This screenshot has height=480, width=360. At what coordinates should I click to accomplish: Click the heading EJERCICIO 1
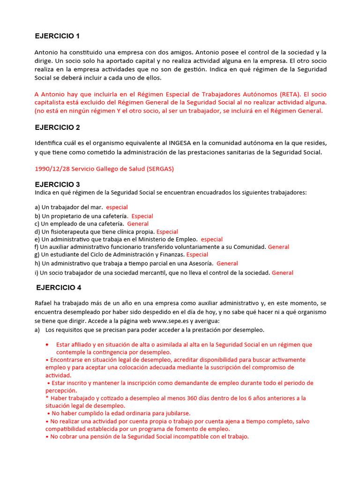tap(58, 36)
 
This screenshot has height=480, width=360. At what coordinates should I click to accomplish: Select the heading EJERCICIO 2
tap(58, 127)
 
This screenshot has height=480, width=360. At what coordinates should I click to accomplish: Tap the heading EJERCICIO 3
tap(58, 184)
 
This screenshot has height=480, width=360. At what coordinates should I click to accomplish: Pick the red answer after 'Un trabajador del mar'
tap(117, 207)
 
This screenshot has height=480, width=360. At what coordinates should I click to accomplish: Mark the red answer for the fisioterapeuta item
tap(167, 232)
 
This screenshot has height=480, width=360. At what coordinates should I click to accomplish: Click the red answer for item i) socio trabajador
tap(283, 273)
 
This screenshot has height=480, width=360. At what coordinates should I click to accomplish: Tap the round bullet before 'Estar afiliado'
tap(47, 345)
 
